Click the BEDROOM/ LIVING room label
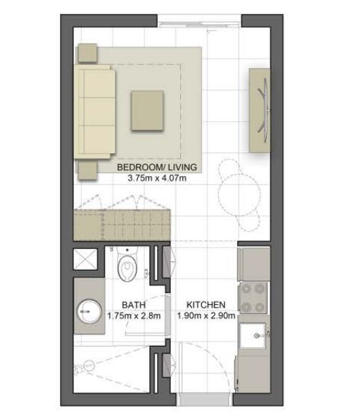tap(157, 167)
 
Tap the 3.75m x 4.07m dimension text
tap(157, 178)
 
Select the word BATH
tap(134, 305)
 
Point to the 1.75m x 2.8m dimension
tap(134, 316)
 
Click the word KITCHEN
tap(206, 305)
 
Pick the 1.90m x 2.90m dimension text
tap(206, 315)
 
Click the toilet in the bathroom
tap(128, 265)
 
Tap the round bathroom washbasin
tap(89, 311)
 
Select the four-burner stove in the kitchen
tap(252, 297)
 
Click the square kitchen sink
tap(252, 335)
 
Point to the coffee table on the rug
tap(147, 111)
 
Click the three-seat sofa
tap(95, 112)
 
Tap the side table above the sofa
tap(87, 53)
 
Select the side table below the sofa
tap(87, 170)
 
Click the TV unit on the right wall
tap(259, 110)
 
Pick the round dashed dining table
tap(239, 195)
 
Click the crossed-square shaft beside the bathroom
tap(85, 259)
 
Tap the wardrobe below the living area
tap(122, 225)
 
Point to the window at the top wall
tap(199, 24)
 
